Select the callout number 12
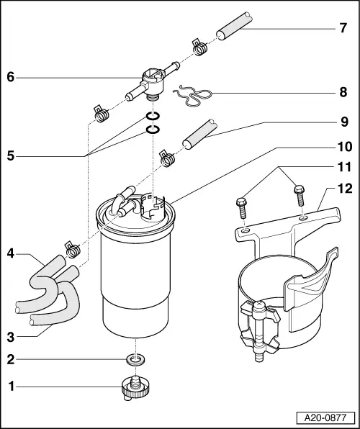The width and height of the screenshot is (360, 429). pyautogui.click(x=343, y=189)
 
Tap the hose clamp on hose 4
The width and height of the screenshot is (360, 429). pyautogui.click(x=72, y=249)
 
